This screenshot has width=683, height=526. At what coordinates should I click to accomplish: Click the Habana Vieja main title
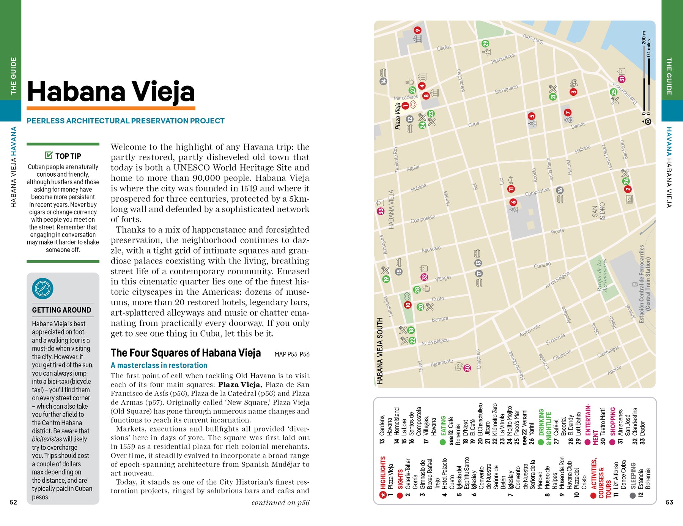pos(111,92)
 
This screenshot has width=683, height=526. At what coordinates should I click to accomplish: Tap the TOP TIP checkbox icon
pos(49,155)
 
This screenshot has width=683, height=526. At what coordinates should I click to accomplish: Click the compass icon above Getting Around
pos(42,289)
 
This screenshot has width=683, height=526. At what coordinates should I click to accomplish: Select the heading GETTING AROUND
pos(61,310)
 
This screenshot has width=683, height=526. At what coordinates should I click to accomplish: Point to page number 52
pos(13,502)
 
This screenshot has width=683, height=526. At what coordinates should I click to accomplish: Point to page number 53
pos(669,502)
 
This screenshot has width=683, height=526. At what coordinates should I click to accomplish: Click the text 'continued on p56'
pos(280,502)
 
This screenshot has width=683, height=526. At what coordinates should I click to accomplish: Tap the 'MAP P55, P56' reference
pos(292,354)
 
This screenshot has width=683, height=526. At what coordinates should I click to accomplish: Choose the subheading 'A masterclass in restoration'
pos(159,365)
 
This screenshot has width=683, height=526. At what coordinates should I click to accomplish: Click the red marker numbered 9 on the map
pos(417,30)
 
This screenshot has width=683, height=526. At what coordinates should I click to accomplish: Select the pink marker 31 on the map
pos(622,79)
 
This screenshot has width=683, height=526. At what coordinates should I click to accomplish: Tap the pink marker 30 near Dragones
pos(467,368)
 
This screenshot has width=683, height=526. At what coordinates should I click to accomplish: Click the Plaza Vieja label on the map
pos(398,116)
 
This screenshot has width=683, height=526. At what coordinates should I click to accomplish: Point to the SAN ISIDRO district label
pos(598,212)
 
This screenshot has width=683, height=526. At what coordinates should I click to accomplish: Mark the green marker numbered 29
pos(486,44)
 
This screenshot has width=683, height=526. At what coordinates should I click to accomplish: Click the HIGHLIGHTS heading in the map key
pos(383,472)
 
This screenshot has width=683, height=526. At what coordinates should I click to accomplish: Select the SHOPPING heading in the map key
pos(612,421)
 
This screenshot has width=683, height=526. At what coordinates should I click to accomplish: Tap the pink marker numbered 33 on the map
pos(381,211)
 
